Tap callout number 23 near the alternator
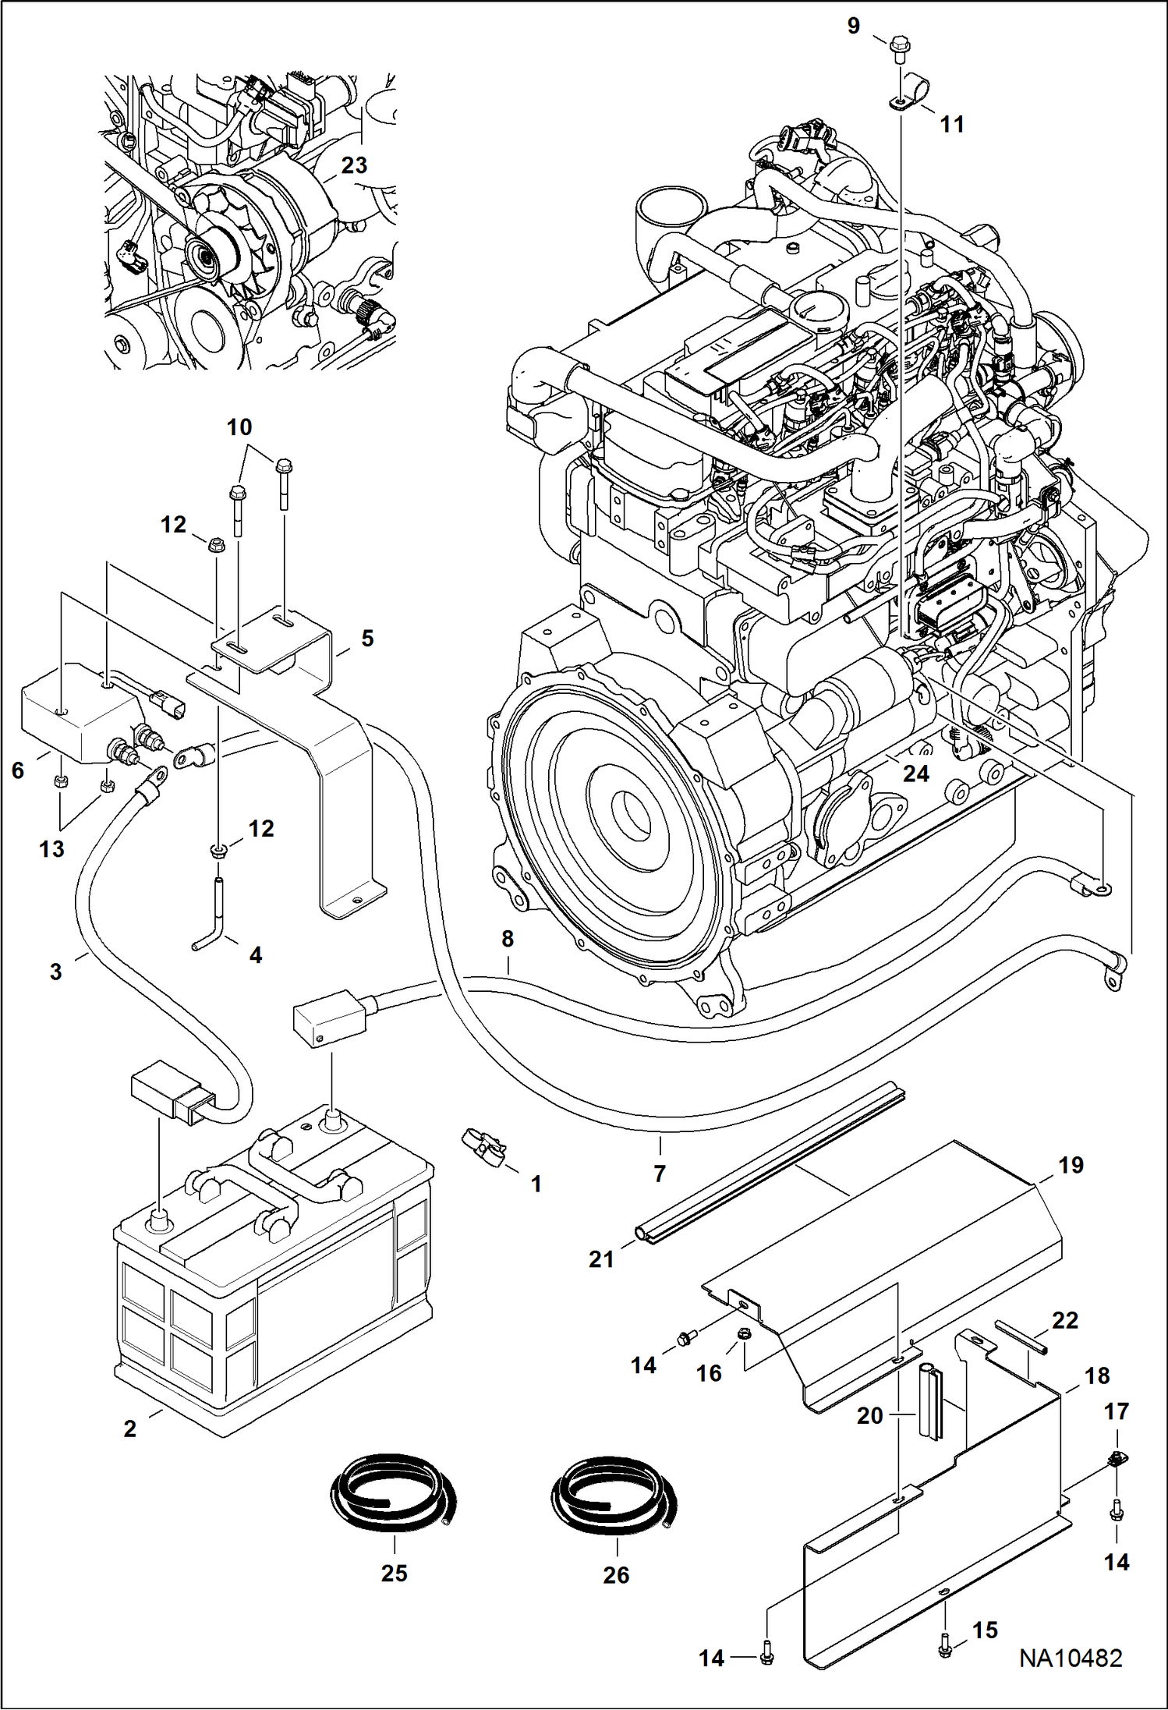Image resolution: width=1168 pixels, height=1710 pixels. click(x=354, y=165)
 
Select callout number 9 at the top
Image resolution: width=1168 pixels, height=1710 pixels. click(x=854, y=27)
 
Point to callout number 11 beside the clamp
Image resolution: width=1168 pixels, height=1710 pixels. click(x=952, y=124)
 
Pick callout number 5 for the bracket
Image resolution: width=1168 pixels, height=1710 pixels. click(x=367, y=639)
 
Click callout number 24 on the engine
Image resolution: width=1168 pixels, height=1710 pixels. click(x=916, y=774)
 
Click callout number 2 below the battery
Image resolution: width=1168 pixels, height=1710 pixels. click(x=130, y=1429)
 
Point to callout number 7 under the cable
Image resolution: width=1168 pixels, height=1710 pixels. click(x=660, y=1173)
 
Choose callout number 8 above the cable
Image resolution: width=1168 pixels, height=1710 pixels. click(x=508, y=939)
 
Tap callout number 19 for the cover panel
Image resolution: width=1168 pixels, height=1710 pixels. click(x=1071, y=1165)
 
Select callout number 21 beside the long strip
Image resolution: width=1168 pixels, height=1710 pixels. click(x=601, y=1259)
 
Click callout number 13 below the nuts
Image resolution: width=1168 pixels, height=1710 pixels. click(x=52, y=848)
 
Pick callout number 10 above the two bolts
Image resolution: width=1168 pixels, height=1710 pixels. click(x=239, y=427)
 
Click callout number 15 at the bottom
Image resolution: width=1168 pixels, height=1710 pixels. click(x=986, y=1630)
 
